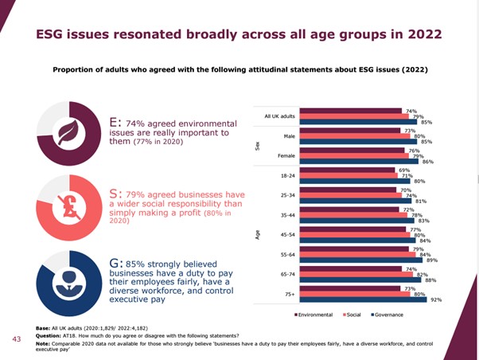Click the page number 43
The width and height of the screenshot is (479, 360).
[x=16, y=338]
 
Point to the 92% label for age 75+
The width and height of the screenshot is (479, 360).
[x=435, y=300]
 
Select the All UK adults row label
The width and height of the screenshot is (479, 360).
[x=281, y=116]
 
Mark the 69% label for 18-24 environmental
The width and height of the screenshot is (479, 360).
[x=403, y=170]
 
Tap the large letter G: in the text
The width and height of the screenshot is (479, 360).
[x=115, y=261]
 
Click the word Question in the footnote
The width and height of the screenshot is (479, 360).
[x=50, y=335]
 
